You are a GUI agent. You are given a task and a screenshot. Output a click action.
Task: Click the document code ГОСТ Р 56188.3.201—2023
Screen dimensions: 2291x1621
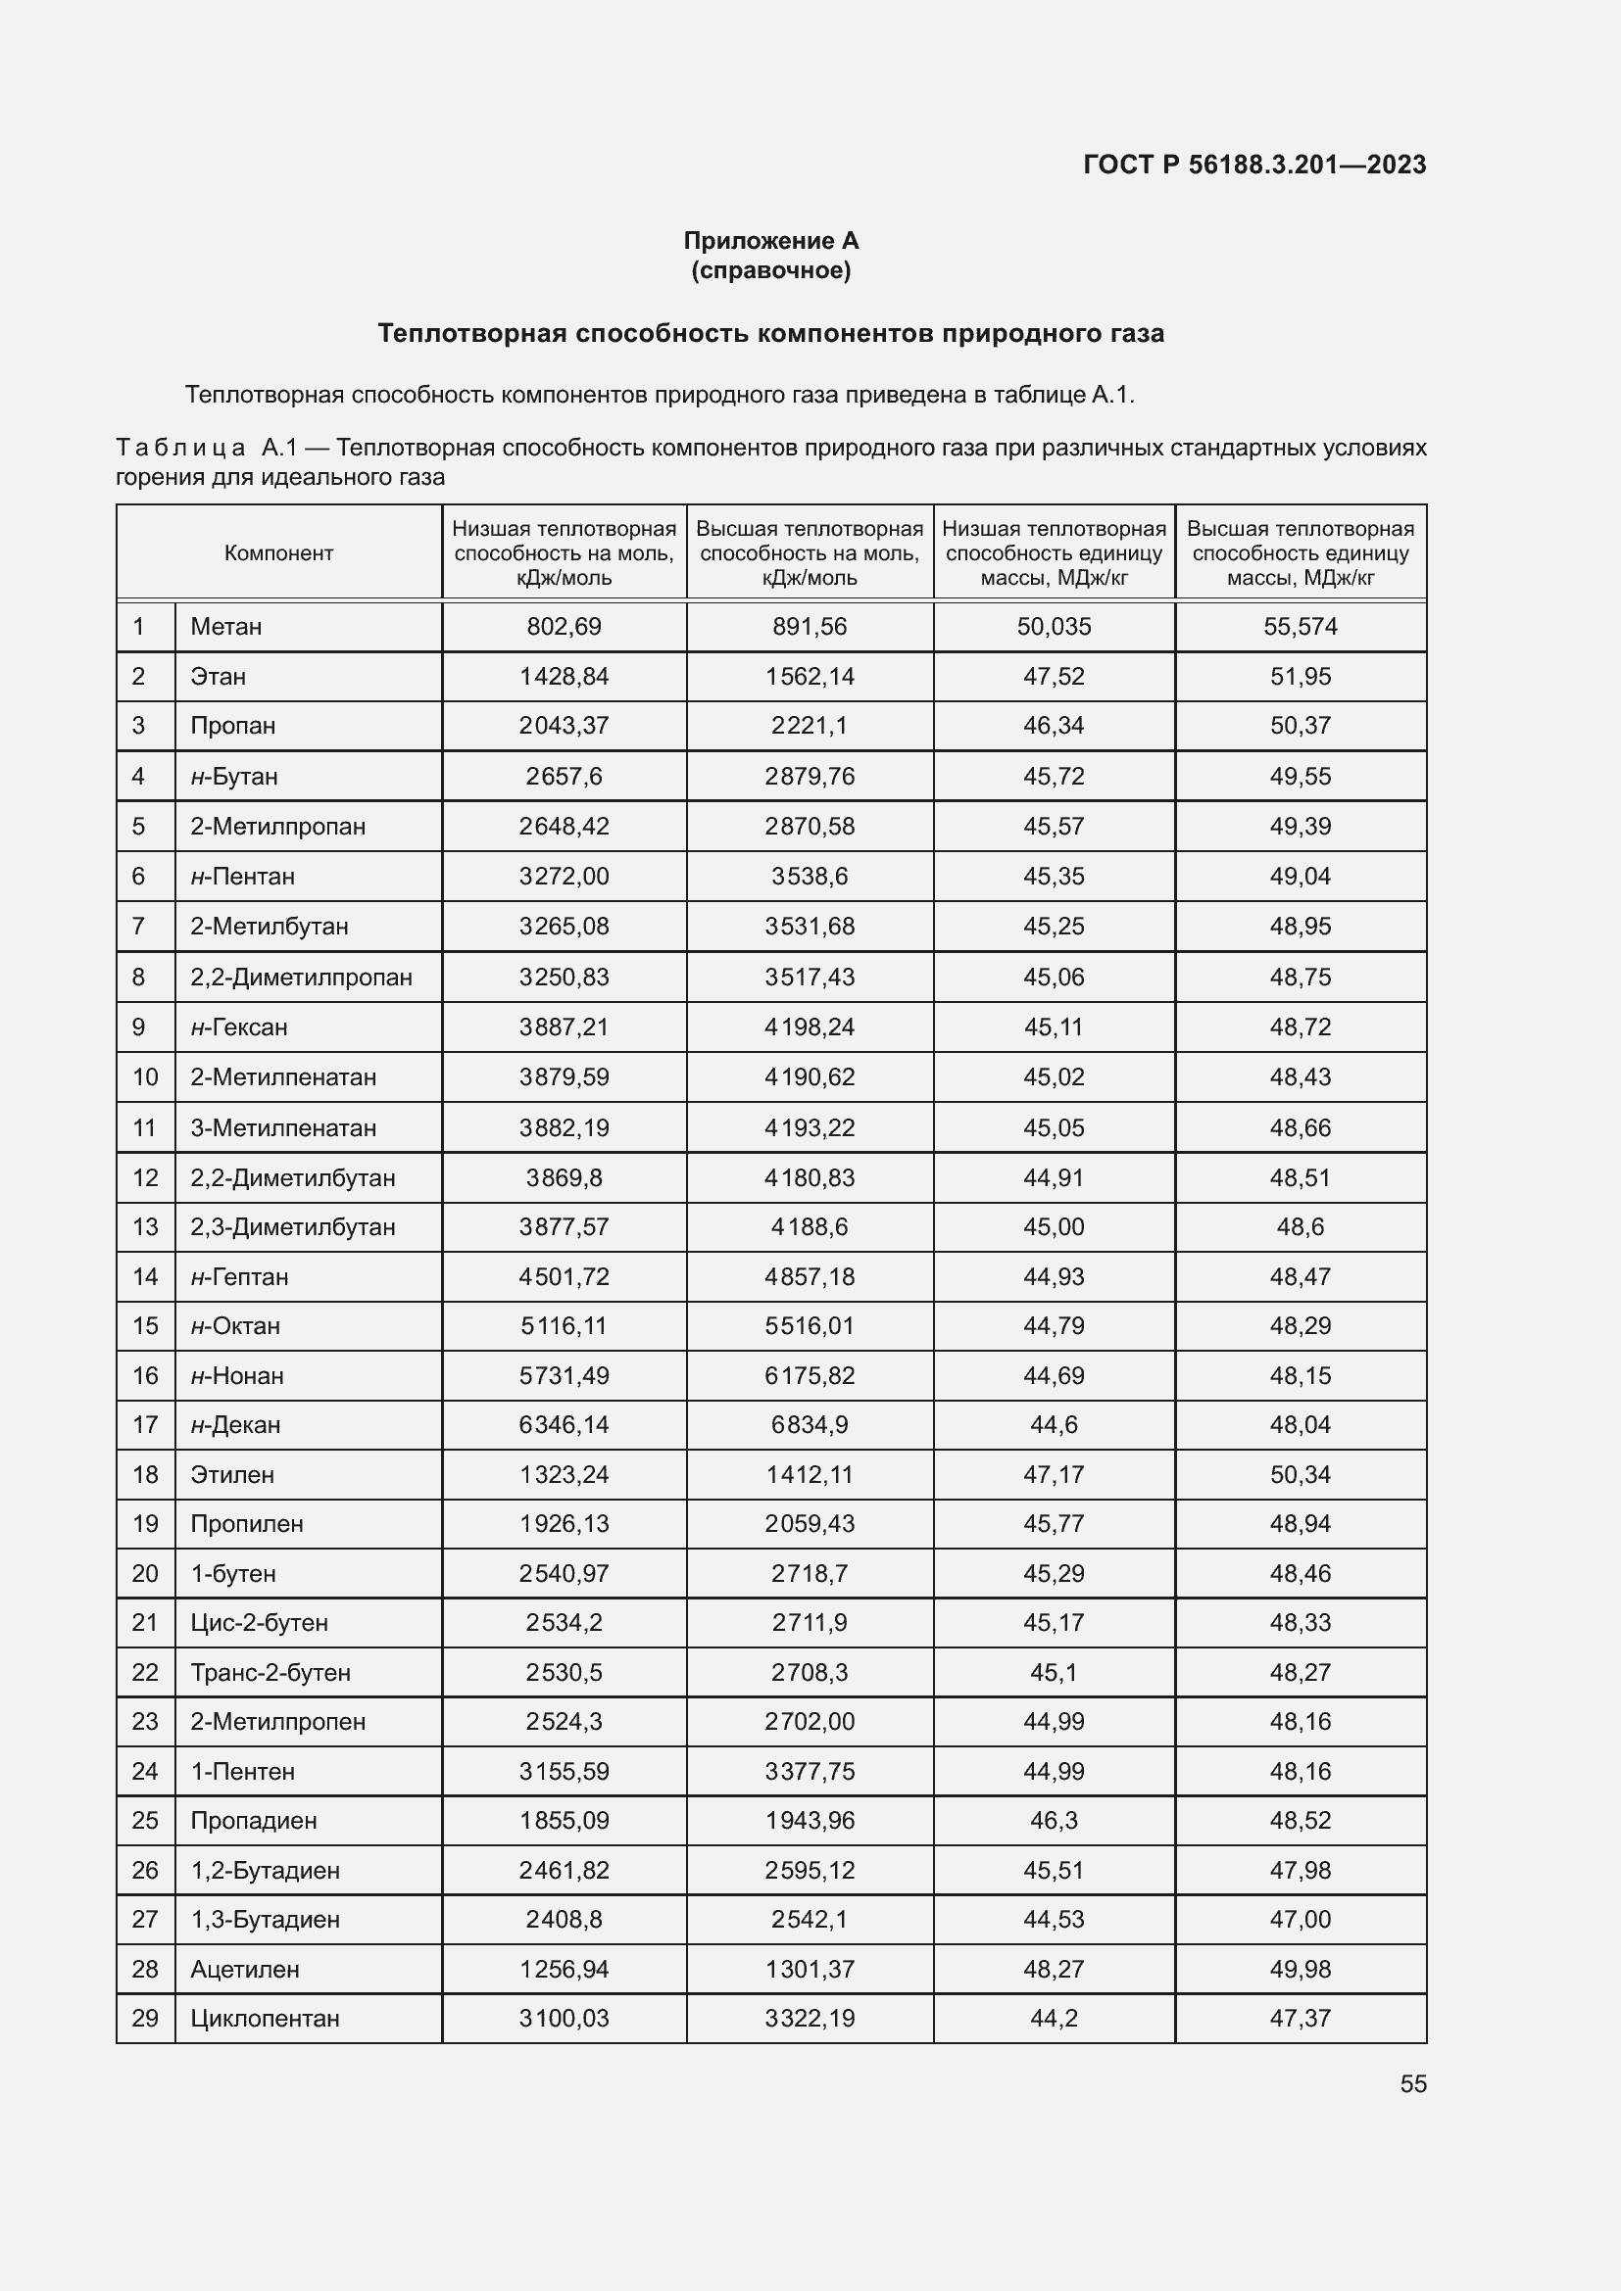pos(1253,165)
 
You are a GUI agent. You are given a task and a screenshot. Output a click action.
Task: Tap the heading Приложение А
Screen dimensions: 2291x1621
pos(770,241)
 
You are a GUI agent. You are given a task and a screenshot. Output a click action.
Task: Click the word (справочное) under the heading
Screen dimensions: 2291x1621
pos(770,270)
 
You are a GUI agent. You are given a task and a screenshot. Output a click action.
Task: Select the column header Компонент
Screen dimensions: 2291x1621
pos(278,552)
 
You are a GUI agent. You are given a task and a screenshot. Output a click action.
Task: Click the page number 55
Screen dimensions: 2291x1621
pos(1412,2083)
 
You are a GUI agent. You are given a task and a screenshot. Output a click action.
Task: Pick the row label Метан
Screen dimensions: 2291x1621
pos(226,627)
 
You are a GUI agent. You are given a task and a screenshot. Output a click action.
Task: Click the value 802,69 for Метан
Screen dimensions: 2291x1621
pos(564,627)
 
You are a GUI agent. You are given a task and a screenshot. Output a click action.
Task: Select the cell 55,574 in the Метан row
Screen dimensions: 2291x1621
pos(1300,627)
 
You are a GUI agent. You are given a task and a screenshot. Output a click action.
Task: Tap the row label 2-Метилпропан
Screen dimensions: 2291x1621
pos(277,827)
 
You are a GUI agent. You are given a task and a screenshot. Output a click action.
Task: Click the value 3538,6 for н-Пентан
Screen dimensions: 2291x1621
pos(810,876)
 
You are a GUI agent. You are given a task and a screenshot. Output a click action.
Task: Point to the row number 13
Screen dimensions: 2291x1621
pos(146,1226)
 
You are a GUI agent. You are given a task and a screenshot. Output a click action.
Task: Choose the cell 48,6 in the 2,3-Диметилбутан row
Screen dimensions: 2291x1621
pos(1300,1226)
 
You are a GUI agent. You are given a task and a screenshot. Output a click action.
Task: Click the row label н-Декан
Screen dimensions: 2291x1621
pos(235,1425)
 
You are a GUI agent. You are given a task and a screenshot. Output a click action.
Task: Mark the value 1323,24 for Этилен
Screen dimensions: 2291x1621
pos(564,1475)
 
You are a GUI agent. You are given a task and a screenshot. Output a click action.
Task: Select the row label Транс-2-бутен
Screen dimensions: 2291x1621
pos(270,1672)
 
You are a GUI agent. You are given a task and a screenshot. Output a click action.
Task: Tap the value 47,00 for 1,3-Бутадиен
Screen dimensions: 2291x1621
pos(1300,1919)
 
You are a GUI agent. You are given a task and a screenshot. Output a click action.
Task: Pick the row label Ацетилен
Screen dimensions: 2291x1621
pos(245,1969)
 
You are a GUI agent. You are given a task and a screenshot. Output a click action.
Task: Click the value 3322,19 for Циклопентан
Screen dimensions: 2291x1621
pos(810,2018)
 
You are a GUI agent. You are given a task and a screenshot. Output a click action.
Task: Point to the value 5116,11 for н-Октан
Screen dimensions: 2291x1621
pos(564,1325)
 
